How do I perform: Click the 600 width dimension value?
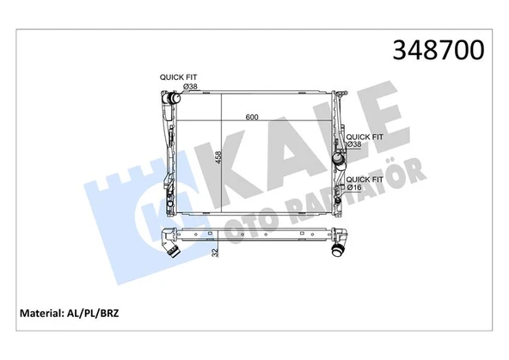tap(252, 118)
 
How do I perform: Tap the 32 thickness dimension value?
tap(214, 251)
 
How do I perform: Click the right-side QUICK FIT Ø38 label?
tap(364, 140)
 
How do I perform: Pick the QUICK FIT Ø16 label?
tap(364, 182)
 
